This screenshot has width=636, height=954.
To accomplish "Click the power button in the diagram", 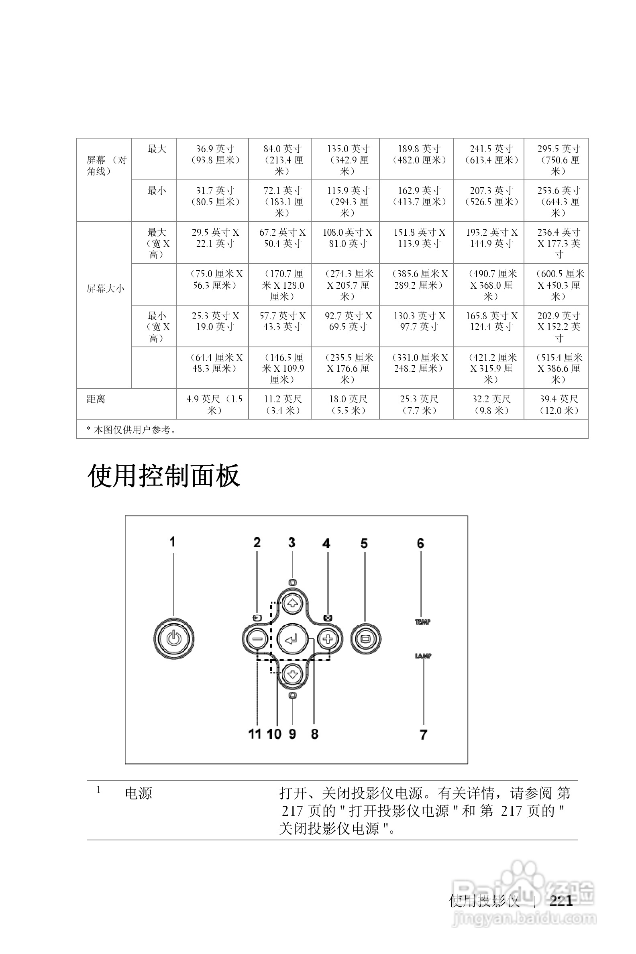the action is (173, 639).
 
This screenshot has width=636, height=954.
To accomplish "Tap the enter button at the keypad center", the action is (292, 639).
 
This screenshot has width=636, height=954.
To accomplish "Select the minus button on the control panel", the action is (257, 639).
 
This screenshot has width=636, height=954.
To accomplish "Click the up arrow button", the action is (292, 603).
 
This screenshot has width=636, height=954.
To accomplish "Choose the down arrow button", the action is (292, 675).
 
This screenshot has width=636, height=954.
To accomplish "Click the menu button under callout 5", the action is (365, 639).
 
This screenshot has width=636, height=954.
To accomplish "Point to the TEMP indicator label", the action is (422, 622).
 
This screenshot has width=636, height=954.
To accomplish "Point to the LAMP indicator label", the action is (423, 655).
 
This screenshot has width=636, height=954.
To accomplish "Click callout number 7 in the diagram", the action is (423, 734).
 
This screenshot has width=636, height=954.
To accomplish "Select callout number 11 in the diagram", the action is (255, 734).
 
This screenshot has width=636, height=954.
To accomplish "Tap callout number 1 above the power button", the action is (172, 542).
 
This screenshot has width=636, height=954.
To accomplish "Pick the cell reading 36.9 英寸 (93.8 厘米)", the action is (215, 155).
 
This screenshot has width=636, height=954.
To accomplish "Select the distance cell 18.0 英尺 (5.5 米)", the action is (348, 405).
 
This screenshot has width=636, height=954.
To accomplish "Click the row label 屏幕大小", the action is (105, 289).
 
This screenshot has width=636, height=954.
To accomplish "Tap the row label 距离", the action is (96, 399).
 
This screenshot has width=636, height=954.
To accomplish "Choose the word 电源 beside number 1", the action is (138, 793).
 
